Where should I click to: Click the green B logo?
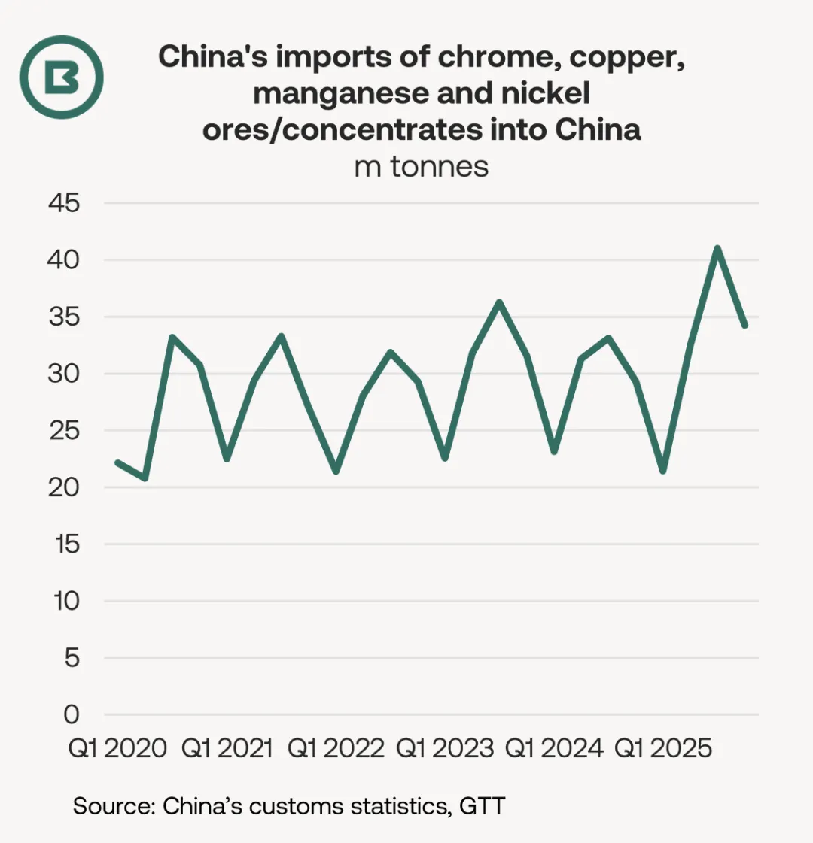61,77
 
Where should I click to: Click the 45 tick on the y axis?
64,203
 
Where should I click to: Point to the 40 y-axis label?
63,260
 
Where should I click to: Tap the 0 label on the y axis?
72,715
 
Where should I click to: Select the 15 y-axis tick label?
67,544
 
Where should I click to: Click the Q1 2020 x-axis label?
117,748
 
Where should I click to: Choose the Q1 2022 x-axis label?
336,748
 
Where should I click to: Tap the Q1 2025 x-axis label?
663,748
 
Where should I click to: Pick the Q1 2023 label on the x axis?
445,748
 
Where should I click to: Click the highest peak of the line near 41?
717,248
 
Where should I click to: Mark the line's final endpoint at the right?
744,325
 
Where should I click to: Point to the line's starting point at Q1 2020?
118,462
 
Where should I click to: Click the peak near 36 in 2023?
499,303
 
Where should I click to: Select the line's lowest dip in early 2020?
145,478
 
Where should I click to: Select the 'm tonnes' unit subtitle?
422,166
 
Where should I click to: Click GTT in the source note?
483,806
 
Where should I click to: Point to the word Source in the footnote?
114,806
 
